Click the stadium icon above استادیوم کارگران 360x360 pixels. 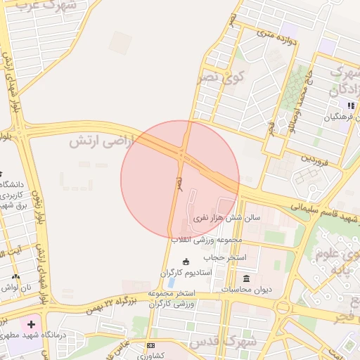[186, 262]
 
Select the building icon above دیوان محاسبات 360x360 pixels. [247, 278]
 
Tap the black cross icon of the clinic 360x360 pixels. [30, 325]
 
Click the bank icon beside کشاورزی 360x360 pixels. [150, 346]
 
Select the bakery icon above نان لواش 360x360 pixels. [16, 276]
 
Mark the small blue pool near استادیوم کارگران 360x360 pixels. [172, 283]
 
